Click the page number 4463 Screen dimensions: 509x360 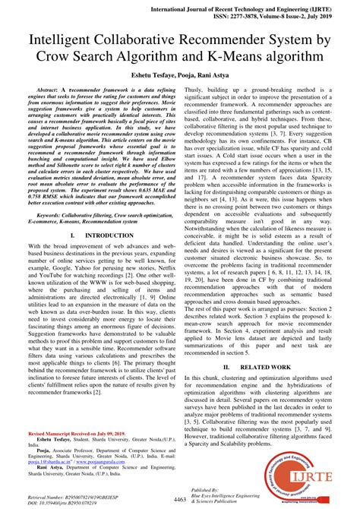pyautogui.click(x=180, y=500)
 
